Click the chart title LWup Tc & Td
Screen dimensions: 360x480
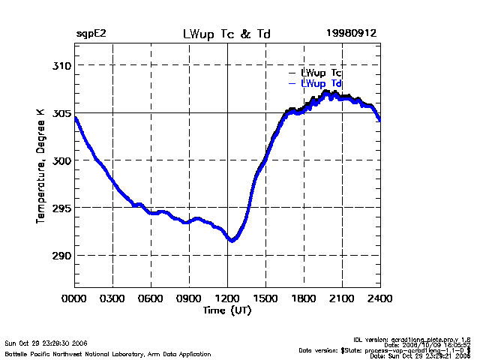(x=227, y=34)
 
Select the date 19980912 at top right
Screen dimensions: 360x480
(x=351, y=34)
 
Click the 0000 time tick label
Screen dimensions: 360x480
(x=75, y=298)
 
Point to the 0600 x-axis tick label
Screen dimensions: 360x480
(x=151, y=298)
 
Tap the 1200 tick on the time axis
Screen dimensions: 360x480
(x=227, y=298)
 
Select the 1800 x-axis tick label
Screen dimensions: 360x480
(x=304, y=298)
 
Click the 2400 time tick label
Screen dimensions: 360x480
(x=379, y=298)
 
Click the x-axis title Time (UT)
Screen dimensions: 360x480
(x=227, y=309)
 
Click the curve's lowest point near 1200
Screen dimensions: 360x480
(x=232, y=240)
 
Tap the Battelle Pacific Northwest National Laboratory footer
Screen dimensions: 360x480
(x=108, y=354)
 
